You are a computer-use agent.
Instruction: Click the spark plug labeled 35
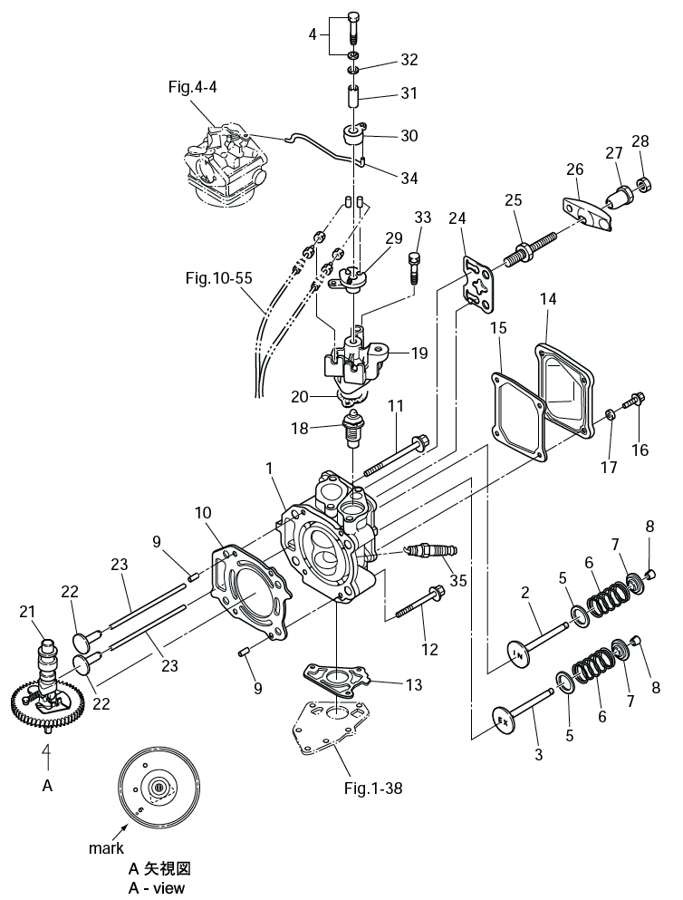pos(431,550)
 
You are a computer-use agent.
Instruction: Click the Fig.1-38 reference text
pos(373,788)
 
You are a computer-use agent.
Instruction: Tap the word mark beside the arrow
pos(106,848)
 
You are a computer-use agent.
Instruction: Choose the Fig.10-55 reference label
pos(218,278)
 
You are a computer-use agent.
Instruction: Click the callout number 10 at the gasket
pos(203,514)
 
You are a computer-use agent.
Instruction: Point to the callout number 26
pos(574,169)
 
